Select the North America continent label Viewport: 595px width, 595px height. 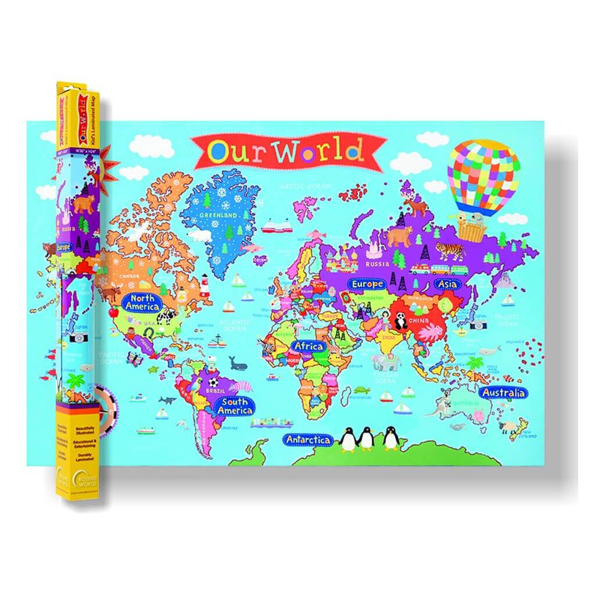point(141,302)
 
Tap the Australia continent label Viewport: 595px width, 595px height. point(503,393)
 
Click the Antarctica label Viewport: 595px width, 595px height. point(308,440)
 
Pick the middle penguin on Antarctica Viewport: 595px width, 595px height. point(366,439)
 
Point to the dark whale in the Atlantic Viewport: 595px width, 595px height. point(237,364)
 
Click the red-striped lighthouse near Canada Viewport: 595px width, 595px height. point(205,286)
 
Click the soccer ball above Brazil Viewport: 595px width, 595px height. point(213,383)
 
